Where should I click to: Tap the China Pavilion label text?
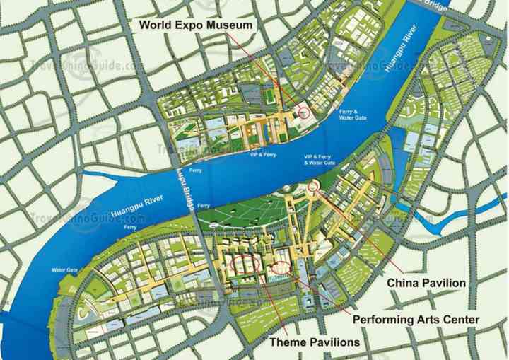click(426, 283)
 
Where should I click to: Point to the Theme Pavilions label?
click(315, 342)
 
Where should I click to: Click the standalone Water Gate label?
click(64, 270)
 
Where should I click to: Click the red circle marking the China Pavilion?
click(314, 186)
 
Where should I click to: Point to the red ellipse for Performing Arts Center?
click(280, 268)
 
